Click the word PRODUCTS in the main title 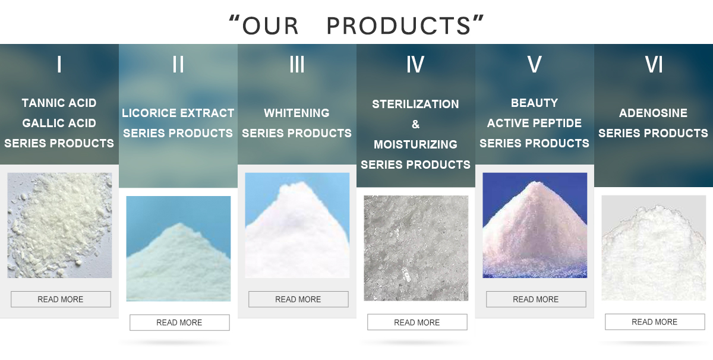pyautogui.click(x=399, y=26)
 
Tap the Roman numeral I pyautogui.click(x=59, y=64)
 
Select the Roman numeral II pyautogui.click(x=178, y=64)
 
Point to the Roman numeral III pyautogui.click(x=297, y=64)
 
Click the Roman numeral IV pyautogui.click(x=415, y=64)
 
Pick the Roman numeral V pyautogui.click(x=534, y=64)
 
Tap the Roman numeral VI pyautogui.click(x=654, y=64)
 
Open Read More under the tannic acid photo pyautogui.click(x=61, y=299)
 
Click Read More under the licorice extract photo pyautogui.click(x=179, y=323)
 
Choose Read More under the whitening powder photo pyautogui.click(x=298, y=299)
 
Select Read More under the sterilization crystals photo pyautogui.click(x=417, y=322)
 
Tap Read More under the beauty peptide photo pyautogui.click(x=536, y=299)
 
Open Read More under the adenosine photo pyautogui.click(x=655, y=322)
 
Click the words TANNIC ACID pyautogui.click(x=59, y=103)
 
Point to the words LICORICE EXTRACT pyautogui.click(x=178, y=113)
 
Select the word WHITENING pyautogui.click(x=296, y=113)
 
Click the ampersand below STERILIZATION pyautogui.click(x=416, y=125)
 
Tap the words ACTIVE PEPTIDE pyautogui.click(x=534, y=123)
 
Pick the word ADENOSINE pyautogui.click(x=653, y=113)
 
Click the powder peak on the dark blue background pyautogui.click(x=535, y=229)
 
